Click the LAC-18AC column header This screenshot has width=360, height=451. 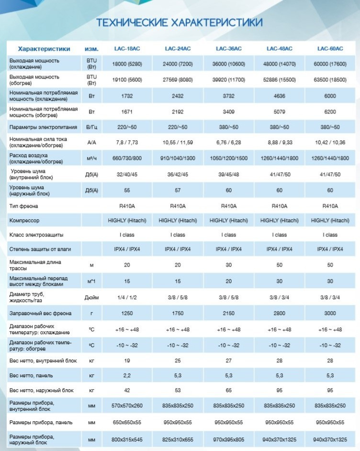point(127,49)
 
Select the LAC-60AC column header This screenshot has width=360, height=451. point(330,49)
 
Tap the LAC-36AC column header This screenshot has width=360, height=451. point(229,49)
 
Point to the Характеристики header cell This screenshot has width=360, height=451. point(44,49)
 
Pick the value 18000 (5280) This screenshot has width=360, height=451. point(127,64)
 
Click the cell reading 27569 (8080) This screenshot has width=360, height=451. point(178,79)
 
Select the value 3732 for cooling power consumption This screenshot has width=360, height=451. point(229,96)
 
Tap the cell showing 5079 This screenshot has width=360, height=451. point(280,112)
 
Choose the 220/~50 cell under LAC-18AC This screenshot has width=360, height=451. point(127,127)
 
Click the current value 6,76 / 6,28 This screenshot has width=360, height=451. point(229,142)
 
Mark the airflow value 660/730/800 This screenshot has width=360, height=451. point(127,158)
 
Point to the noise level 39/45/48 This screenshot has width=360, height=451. point(229,174)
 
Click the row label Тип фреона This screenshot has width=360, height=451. point(23,206)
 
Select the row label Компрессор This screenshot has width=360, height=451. point(24,221)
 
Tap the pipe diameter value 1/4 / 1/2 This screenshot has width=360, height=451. point(127,297)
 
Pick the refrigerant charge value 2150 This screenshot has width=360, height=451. point(229,313)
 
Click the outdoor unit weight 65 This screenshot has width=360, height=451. point(229,390)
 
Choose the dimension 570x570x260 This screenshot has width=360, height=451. point(127,406)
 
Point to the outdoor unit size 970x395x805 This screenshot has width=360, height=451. point(229,440)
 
